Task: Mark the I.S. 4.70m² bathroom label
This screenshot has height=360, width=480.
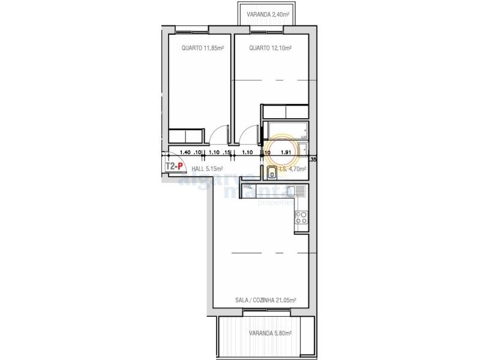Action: point(293,169)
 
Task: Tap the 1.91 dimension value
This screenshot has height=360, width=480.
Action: point(286,152)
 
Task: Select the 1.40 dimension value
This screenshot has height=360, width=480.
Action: point(185,152)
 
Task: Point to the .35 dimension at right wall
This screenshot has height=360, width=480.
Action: point(312,160)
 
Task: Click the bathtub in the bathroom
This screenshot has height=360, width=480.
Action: point(287,130)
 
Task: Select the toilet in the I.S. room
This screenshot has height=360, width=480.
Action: point(272,173)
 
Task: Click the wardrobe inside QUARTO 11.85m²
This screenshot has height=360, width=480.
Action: point(187,135)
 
